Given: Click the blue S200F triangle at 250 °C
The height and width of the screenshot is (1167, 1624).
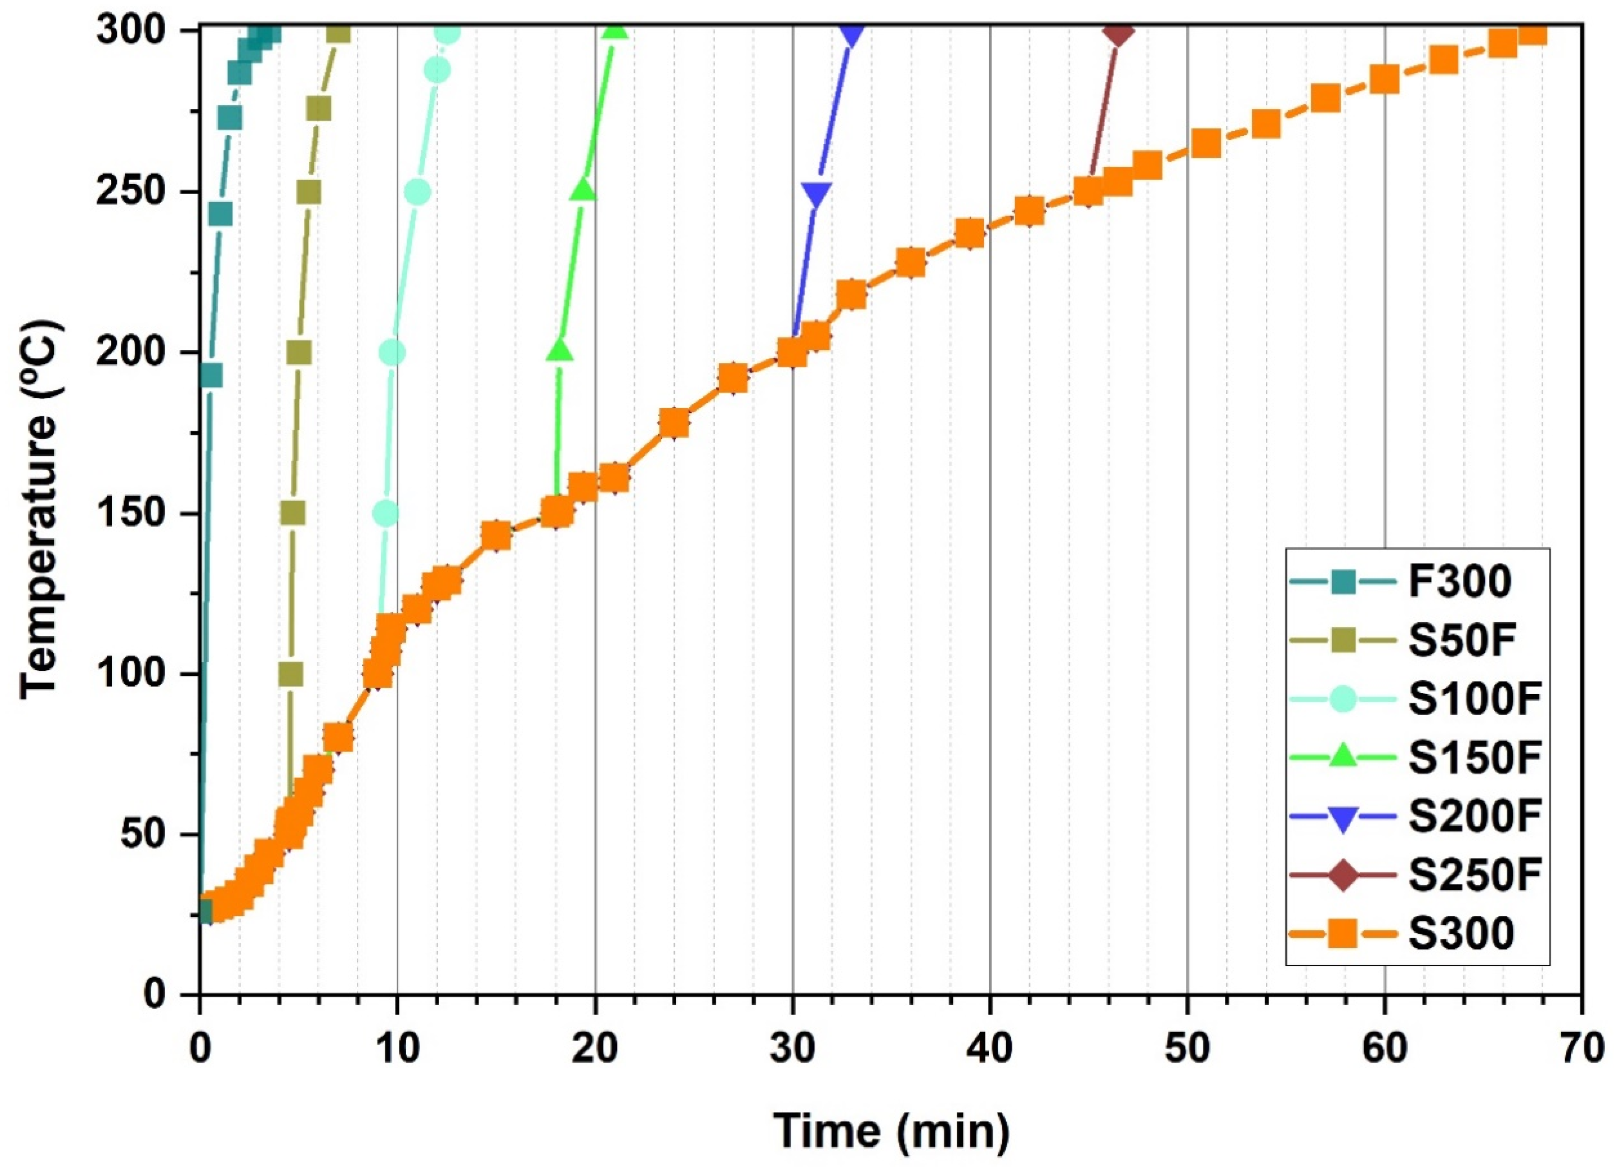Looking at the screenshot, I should pyautogui.click(x=816, y=193).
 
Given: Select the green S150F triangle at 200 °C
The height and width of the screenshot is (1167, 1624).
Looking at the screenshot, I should pyautogui.click(x=559, y=351).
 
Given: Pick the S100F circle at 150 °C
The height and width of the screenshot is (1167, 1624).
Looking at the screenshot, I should pyautogui.click(x=385, y=513).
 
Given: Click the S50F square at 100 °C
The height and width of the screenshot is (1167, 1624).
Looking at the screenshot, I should pyautogui.click(x=291, y=674).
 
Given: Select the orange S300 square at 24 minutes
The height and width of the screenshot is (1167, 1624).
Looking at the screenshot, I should pyautogui.click(x=674, y=424).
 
